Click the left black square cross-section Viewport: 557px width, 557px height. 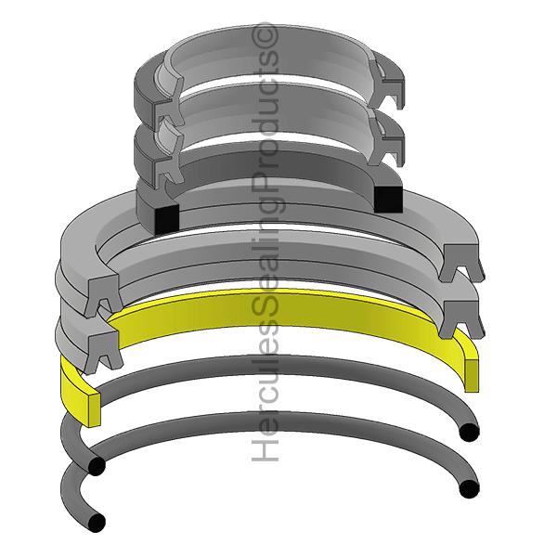pos(165,218)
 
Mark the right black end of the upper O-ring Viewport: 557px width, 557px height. pos(469,432)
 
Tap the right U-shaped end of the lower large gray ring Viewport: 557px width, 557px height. pos(461,316)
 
